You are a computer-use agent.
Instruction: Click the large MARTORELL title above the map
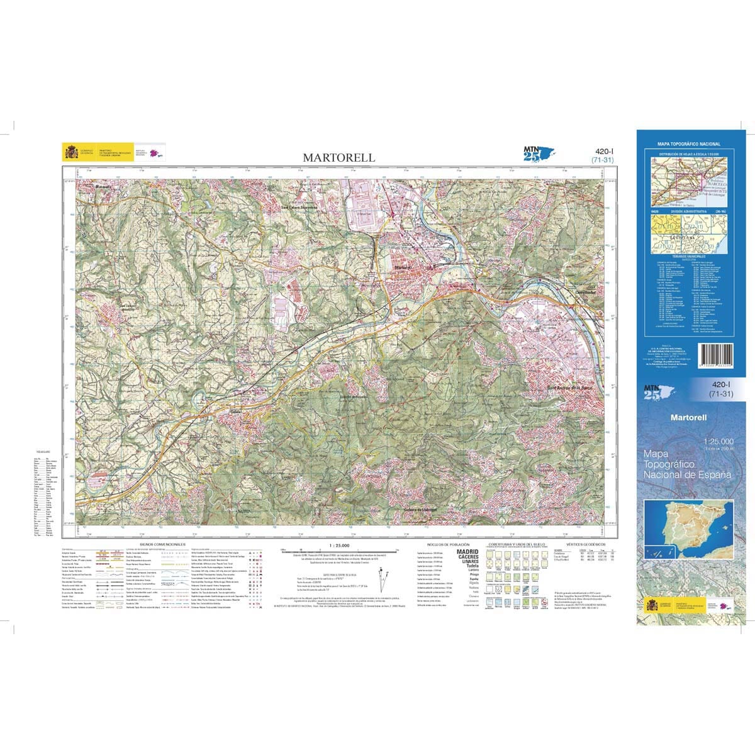click(x=338, y=157)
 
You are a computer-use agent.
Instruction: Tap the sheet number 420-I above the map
click(x=603, y=151)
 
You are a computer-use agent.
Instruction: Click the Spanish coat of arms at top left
click(x=71, y=152)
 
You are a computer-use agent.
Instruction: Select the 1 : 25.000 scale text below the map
click(x=339, y=545)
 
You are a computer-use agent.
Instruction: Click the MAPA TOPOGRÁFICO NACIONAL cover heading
click(x=688, y=144)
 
